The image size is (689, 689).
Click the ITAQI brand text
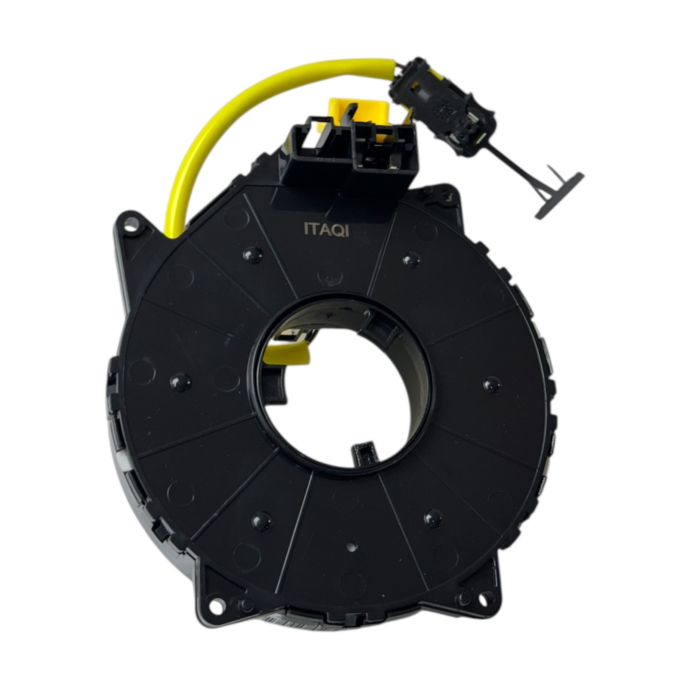pos(326,230)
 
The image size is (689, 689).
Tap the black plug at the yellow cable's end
pos(441,107)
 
